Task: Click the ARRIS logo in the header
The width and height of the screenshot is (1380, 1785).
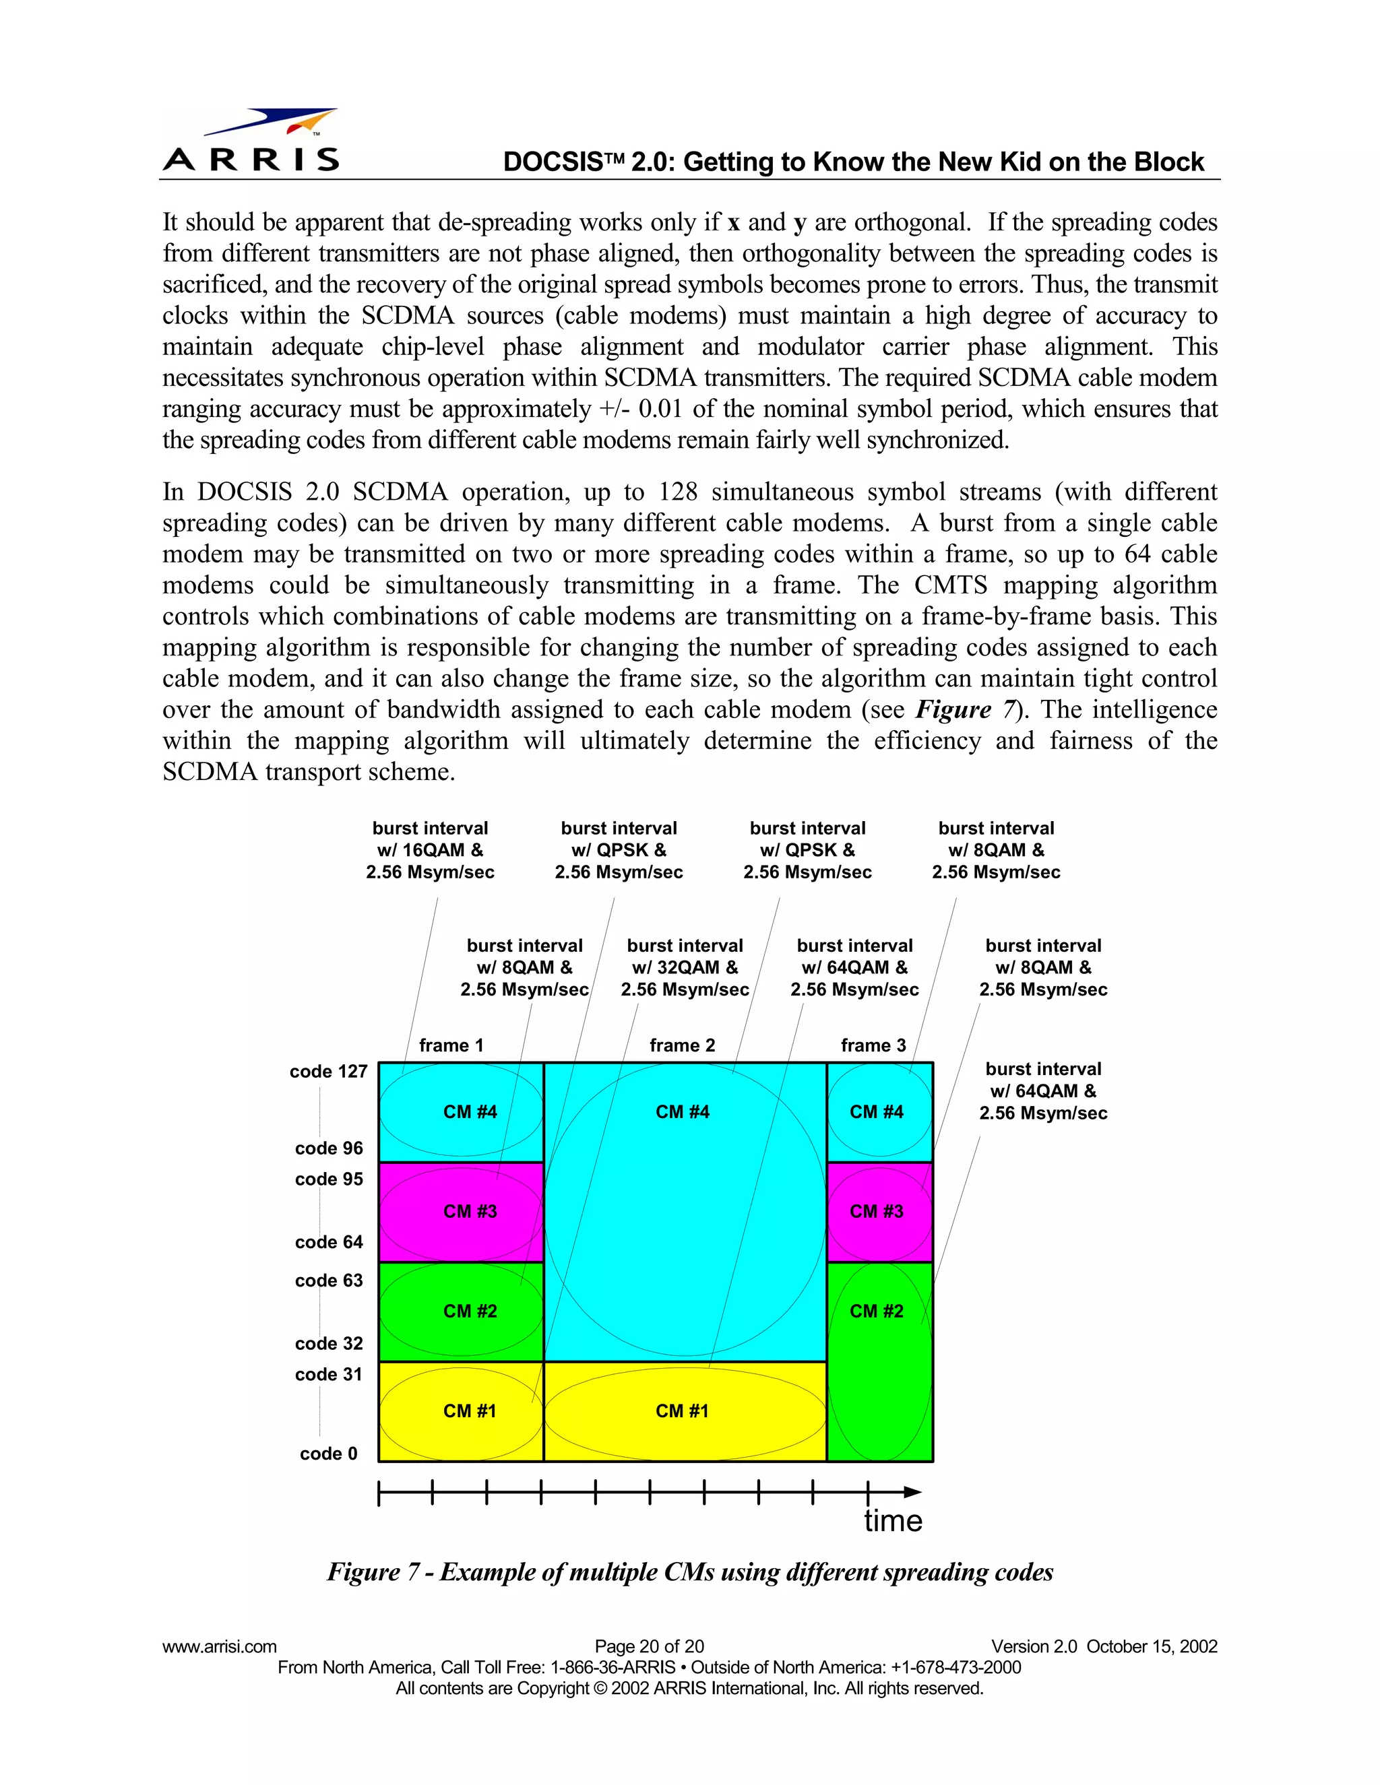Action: click(x=251, y=141)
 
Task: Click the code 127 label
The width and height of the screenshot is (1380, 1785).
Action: click(x=329, y=1072)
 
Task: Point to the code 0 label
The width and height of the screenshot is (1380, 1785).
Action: click(x=329, y=1453)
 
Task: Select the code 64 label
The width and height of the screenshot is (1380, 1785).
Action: click(x=329, y=1241)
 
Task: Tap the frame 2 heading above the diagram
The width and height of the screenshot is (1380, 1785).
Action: click(x=682, y=1045)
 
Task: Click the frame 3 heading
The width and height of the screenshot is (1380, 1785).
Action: click(x=873, y=1045)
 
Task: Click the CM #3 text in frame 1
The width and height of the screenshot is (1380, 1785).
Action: click(x=470, y=1211)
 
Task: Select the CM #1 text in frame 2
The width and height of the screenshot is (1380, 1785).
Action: click(x=682, y=1410)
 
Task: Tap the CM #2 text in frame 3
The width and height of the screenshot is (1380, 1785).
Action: click(x=877, y=1311)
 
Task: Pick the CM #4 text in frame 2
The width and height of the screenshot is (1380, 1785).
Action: click(x=682, y=1111)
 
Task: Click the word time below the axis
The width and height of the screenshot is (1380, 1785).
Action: click(x=893, y=1521)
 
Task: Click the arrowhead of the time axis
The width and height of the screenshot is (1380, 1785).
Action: click(x=912, y=1493)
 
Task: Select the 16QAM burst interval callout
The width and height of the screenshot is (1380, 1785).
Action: click(x=430, y=850)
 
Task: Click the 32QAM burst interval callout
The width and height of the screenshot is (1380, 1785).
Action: click(x=685, y=968)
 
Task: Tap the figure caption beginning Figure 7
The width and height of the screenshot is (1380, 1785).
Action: click(x=690, y=1571)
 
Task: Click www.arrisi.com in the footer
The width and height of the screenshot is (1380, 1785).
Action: click(x=219, y=1646)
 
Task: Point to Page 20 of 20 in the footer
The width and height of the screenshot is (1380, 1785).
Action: click(x=649, y=1646)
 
